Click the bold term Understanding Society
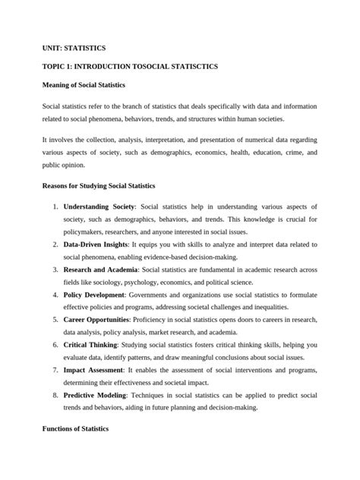click(99, 207)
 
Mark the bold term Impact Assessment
click(93, 370)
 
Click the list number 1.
click(55, 207)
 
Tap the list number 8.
click(55, 395)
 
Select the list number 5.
click(55, 320)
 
